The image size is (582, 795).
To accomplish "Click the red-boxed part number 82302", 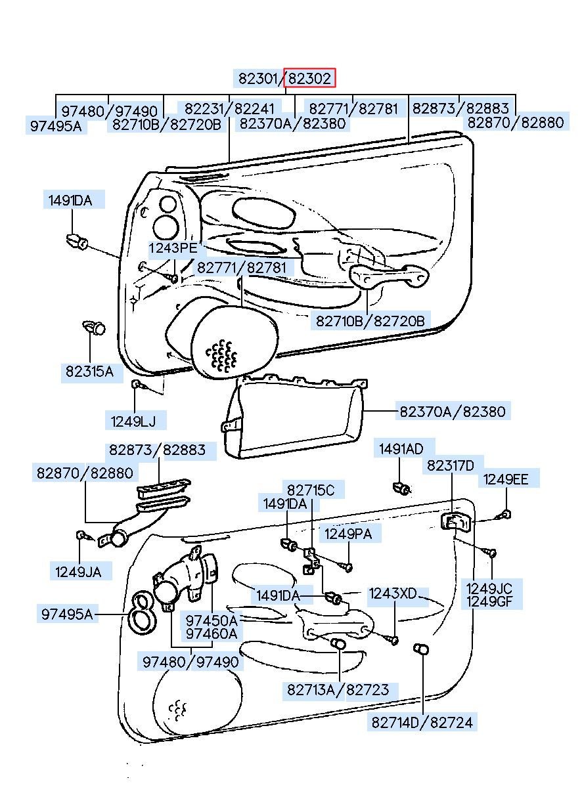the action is (309, 78).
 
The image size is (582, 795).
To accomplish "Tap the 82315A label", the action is (89, 372).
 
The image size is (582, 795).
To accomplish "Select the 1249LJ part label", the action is (133, 421).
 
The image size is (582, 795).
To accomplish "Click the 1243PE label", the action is (173, 247).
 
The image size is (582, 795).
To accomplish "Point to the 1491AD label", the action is (401, 449).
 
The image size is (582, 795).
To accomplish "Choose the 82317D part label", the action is (450, 465).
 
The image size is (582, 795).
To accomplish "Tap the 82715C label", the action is (311, 490).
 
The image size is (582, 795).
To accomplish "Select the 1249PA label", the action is (348, 534).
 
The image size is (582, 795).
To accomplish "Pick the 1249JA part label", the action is (78, 572).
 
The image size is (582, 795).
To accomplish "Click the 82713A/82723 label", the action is (338, 689).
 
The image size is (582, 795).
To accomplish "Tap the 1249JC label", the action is (489, 589).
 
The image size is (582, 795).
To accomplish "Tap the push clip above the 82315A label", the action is (94, 327).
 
